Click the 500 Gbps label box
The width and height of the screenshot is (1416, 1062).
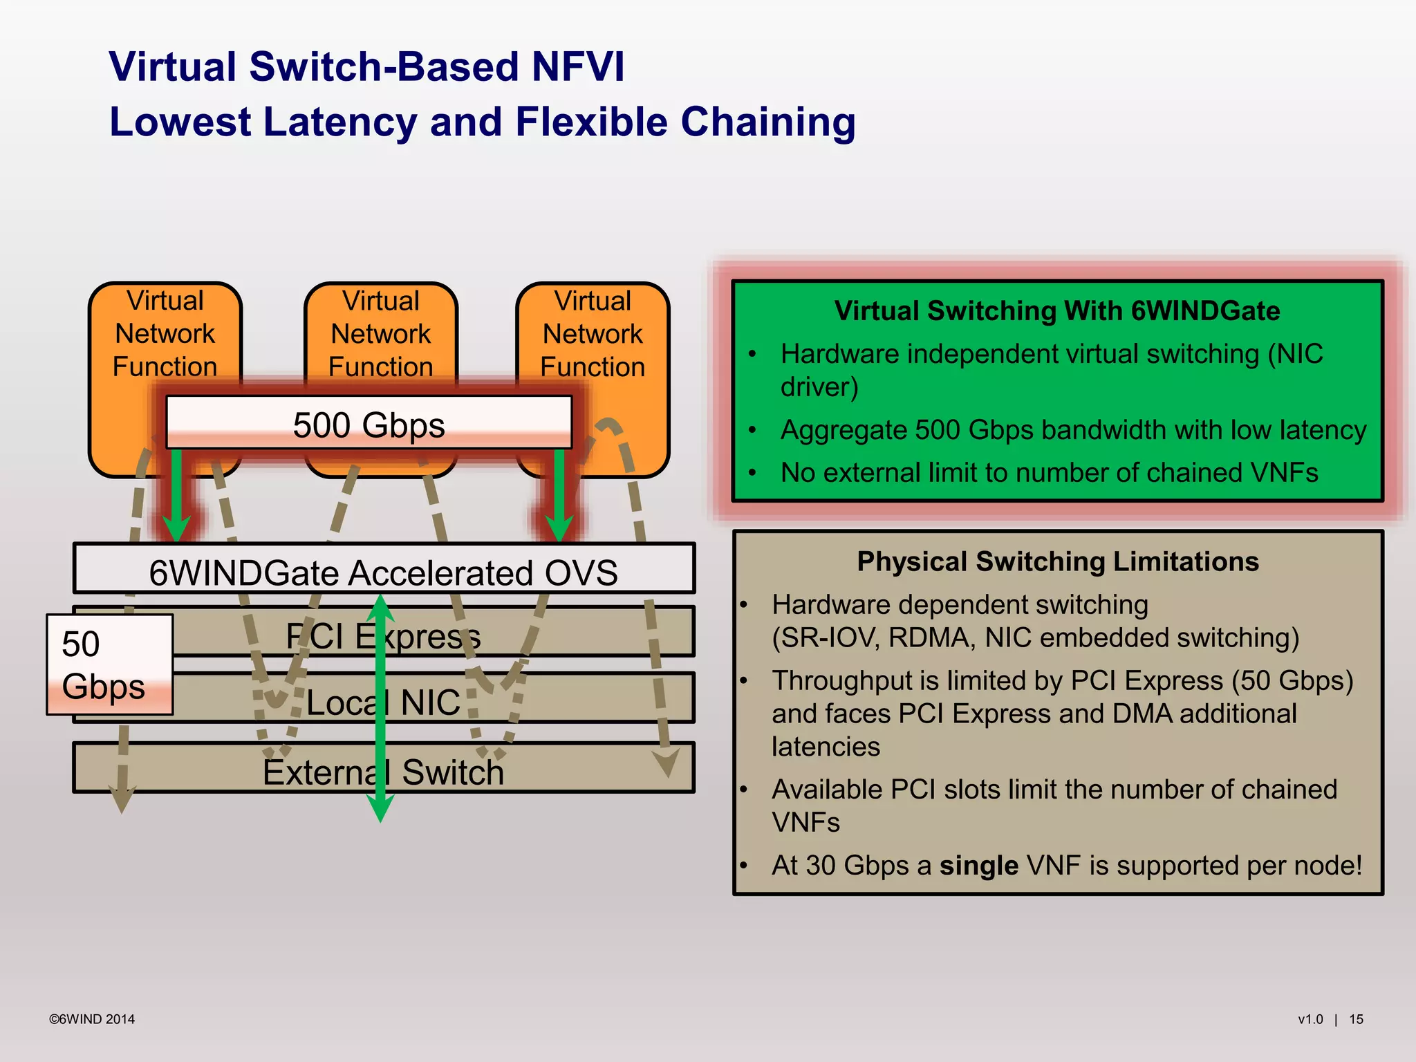[x=369, y=423]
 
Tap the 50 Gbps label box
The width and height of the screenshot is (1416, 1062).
[x=109, y=664]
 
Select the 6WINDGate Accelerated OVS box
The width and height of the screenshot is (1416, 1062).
[x=384, y=571]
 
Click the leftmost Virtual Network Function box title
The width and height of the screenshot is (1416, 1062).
[x=165, y=333]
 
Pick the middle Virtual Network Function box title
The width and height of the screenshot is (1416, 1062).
[x=381, y=333]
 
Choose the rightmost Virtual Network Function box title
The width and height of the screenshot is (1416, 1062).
[x=593, y=333]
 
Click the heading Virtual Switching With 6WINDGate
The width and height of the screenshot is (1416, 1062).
[x=1056, y=310]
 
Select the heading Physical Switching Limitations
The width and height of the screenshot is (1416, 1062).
[x=1057, y=561]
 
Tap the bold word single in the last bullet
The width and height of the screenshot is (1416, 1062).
[x=978, y=866]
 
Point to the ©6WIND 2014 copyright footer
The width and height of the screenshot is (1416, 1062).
[x=91, y=1019]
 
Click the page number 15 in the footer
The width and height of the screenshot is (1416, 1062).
[x=1356, y=1019]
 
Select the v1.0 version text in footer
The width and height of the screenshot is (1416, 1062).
[x=1310, y=1019]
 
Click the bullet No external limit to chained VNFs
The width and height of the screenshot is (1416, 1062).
[x=1049, y=473]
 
